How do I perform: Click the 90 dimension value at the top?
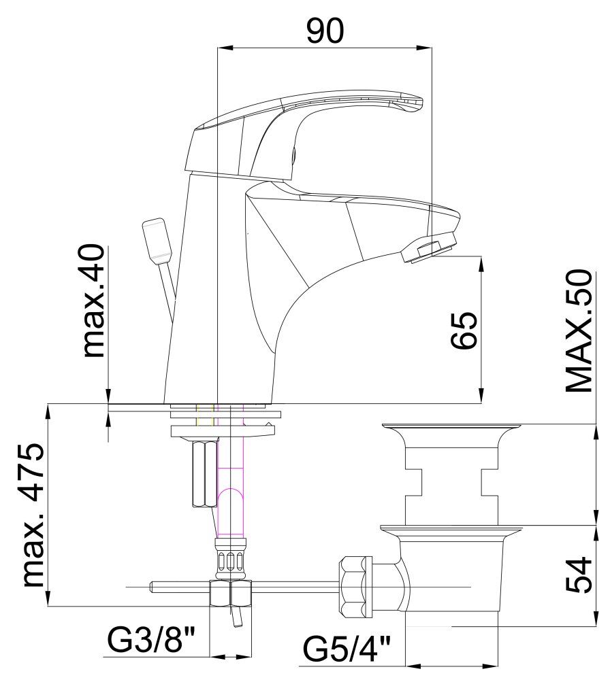pyautogui.click(x=325, y=31)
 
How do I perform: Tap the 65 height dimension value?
pyautogui.click(x=463, y=330)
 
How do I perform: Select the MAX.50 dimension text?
pyautogui.click(x=579, y=330)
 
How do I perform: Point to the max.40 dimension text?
pyautogui.click(x=94, y=301)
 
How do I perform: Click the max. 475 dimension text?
pyautogui.click(x=33, y=515)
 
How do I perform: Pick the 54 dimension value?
pyautogui.click(x=579, y=575)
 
